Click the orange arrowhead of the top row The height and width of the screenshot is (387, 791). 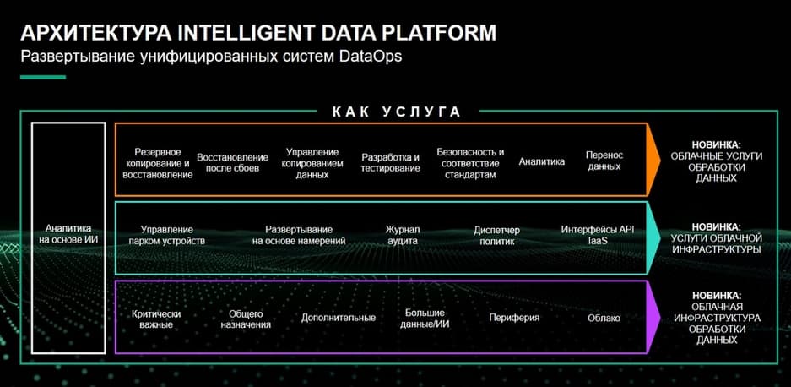point(653,159)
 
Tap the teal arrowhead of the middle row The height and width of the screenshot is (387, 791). point(653,238)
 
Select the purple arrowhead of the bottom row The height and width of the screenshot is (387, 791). point(653,317)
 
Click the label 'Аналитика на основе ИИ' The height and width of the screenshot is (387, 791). point(68,234)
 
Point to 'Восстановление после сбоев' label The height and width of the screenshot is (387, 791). point(232,163)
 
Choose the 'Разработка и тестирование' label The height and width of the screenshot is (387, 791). point(391,163)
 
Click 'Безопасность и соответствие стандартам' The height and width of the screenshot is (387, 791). point(470,163)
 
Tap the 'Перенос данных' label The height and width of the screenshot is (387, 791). point(604,161)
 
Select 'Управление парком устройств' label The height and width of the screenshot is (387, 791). point(167,236)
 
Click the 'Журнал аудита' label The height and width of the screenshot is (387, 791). point(402,236)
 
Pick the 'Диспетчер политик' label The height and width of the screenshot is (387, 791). point(497,236)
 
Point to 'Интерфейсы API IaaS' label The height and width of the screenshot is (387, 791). point(598,236)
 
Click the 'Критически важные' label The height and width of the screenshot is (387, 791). point(156,319)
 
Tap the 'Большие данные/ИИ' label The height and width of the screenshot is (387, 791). point(425,319)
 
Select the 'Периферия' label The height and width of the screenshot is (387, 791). point(514,318)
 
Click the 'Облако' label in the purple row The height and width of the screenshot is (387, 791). point(604,319)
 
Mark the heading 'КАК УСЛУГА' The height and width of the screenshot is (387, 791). point(397,112)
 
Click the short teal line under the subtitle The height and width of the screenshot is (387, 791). point(43,77)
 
